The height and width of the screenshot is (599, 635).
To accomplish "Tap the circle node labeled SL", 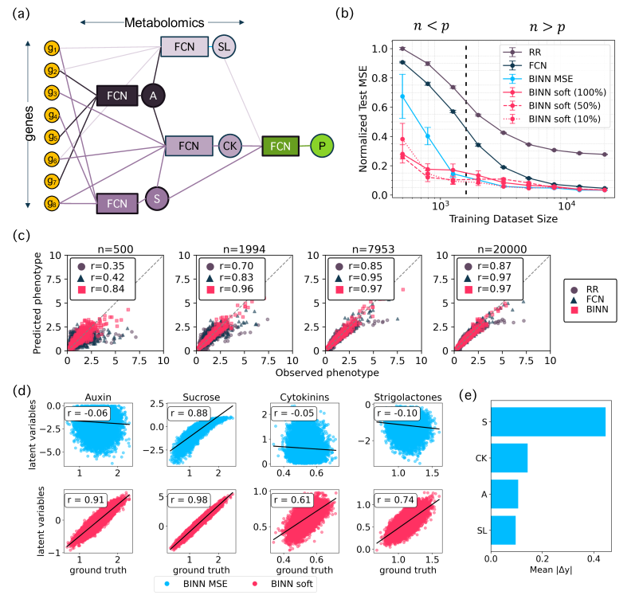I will pyautogui.click(x=225, y=46).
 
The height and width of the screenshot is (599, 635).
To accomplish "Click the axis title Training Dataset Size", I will pyautogui.click(x=512, y=217).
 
